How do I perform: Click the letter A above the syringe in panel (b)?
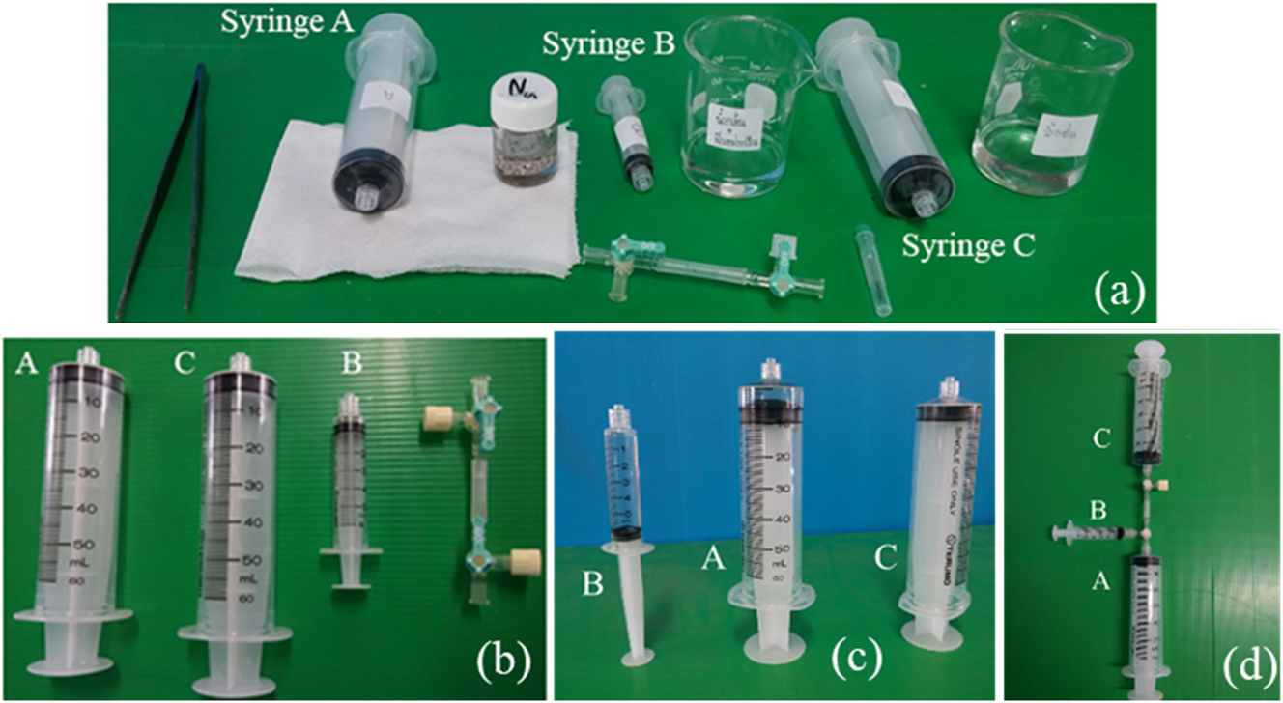click(x=27, y=365)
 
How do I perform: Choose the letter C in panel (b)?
click(x=185, y=365)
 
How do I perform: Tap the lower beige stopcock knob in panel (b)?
click(x=524, y=557)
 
